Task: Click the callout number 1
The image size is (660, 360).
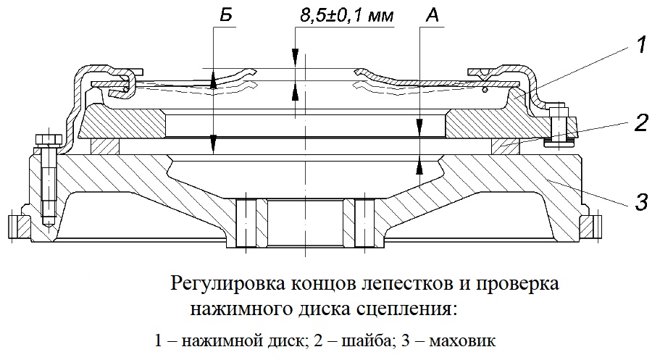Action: point(640,45)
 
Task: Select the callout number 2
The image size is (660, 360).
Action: point(640,123)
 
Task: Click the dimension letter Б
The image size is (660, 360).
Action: point(225,15)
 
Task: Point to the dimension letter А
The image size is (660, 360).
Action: point(433,15)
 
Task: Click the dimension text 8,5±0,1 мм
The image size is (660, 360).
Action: point(347,16)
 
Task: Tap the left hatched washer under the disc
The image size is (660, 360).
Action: point(105,147)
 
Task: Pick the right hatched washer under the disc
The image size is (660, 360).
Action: point(506,147)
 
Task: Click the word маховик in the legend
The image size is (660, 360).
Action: point(462,340)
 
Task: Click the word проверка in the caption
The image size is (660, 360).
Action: point(517,284)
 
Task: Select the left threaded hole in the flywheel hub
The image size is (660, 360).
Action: point(246,223)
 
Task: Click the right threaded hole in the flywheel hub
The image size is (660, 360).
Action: point(364,223)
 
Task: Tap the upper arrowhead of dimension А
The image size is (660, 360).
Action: point(419,125)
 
